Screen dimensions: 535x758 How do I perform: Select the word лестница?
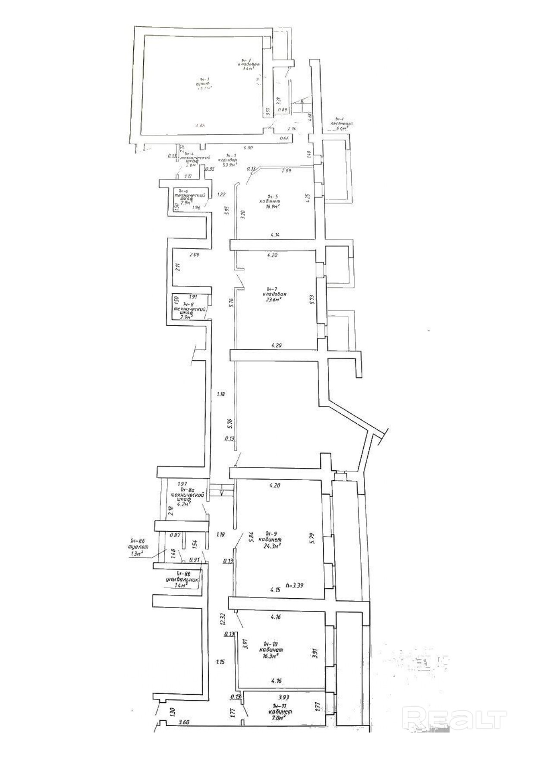[342, 123]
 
